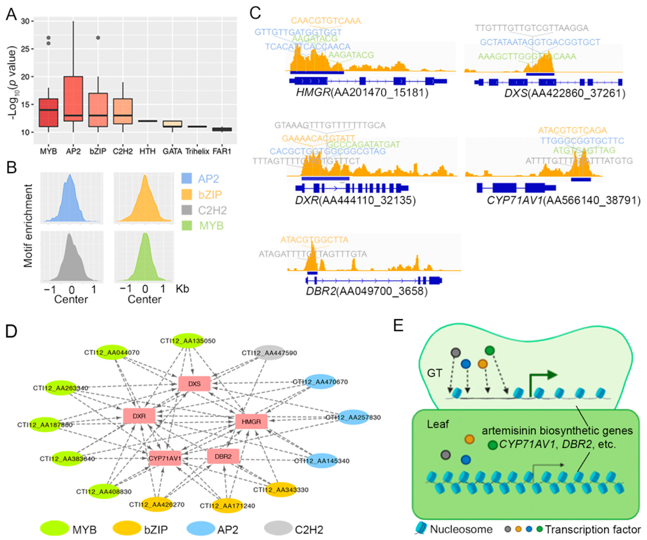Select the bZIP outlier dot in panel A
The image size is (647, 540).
(98, 38)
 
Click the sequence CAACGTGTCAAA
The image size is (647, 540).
(326, 21)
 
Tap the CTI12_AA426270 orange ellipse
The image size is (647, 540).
(157, 504)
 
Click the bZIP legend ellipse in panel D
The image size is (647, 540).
(127, 528)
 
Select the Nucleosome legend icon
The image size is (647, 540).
(421, 529)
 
